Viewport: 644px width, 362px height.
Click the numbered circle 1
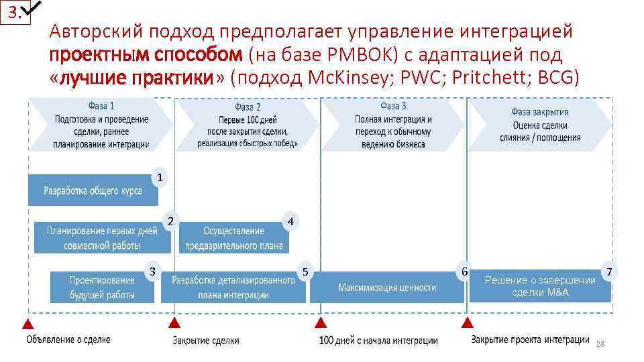[159, 178]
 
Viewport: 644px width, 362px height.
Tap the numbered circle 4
[290, 221]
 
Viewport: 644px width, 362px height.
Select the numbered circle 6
[462, 271]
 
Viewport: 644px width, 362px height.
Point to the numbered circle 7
[609, 271]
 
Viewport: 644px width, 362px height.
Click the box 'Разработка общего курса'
[93, 190]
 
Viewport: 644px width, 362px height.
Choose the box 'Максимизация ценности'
[386, 288]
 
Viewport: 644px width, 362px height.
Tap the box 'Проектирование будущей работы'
[102, 287]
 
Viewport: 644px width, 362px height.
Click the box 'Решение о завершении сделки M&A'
[539, 287]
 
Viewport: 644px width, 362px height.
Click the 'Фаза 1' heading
[101, 106]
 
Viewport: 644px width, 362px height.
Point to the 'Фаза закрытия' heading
[539, 112]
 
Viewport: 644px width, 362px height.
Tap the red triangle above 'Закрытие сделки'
[174, 322]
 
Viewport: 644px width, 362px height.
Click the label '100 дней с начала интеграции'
[378, 341]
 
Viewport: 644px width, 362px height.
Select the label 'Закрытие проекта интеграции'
[530, 340]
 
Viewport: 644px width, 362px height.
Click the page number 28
[600, 343]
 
